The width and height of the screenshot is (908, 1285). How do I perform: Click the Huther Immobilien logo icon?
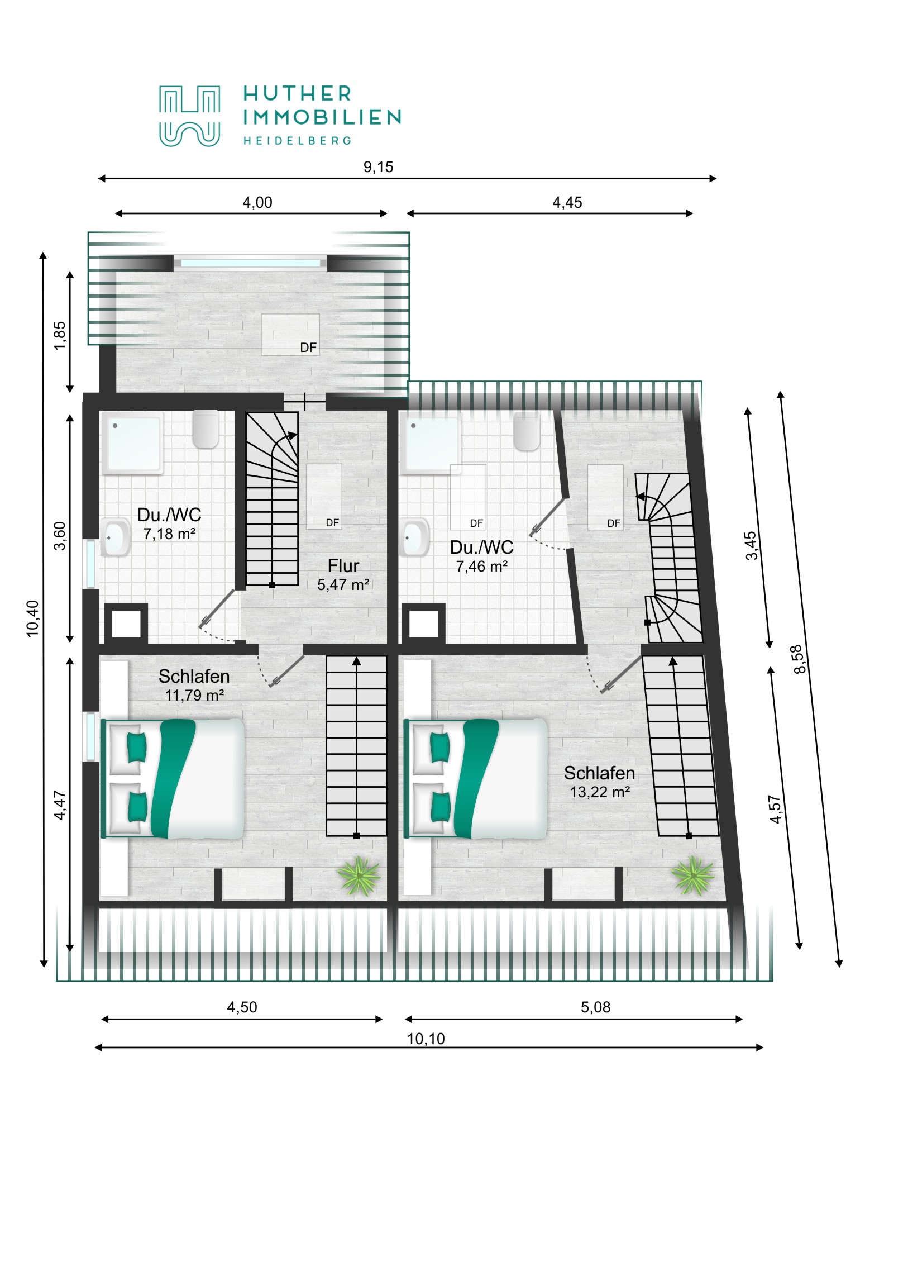[x=189, y=116]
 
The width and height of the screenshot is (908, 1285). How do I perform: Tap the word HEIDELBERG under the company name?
[x=297, y=140]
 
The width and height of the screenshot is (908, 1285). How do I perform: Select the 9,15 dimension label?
[x=378, y=167]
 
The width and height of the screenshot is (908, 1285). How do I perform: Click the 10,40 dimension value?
[x=32, y=618]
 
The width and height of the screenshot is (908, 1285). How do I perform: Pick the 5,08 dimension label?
[x=595, y=1007]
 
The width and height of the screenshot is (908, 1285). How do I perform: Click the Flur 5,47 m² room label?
[x=343, y=575]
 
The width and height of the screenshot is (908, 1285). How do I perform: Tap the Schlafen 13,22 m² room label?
[x=599, y=782]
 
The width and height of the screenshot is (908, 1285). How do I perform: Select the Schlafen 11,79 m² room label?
[x=194, y=685]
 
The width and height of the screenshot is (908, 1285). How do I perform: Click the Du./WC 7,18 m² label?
[x=169, y=524]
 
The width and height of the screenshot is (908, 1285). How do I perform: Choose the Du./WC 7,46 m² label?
[x=482, y=556]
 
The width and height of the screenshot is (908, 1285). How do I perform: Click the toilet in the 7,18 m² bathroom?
[x=206, y=429]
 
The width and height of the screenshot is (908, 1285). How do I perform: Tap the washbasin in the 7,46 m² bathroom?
[x=414, y=537]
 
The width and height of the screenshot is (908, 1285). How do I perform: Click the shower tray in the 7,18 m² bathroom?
[x=132, y=443]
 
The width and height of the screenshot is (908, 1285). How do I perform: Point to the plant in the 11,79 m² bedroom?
[x=359, y=875]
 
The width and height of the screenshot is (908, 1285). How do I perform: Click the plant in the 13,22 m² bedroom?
[x=692, y=875]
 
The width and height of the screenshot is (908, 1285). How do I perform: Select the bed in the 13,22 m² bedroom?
[x=476, y=778]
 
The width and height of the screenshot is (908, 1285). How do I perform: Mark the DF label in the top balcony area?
[x=308, y=348]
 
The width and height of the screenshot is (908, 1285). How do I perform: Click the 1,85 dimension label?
[x=59, y=335]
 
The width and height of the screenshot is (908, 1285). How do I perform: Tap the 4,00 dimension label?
[x=257, y=203]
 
